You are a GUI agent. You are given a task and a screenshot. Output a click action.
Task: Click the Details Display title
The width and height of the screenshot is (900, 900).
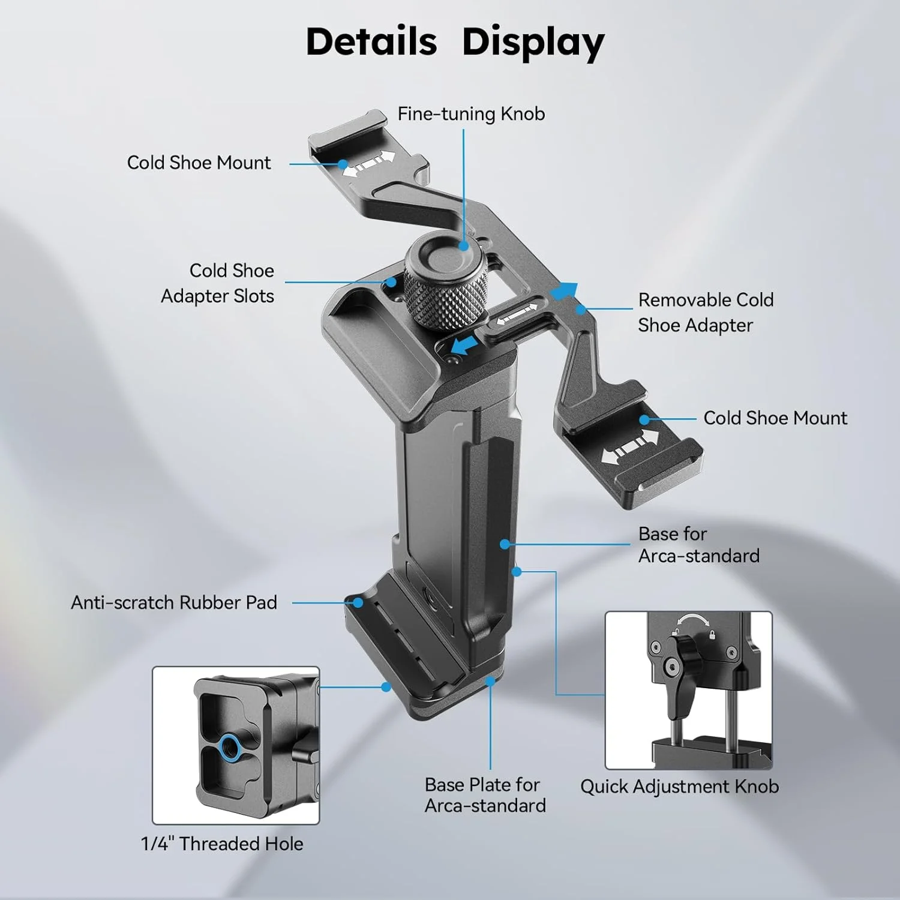[455, 42]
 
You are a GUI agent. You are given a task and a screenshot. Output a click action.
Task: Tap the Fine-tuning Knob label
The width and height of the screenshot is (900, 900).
[471, 113]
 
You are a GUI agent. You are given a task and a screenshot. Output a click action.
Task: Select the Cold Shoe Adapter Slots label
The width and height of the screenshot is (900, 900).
[217, 283]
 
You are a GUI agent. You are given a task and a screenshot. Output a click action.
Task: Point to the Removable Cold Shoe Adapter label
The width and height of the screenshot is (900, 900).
[706, 312]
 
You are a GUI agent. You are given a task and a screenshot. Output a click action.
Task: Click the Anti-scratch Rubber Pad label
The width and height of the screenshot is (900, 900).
[174, 602]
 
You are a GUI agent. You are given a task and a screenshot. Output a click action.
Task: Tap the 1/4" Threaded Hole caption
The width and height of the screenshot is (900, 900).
[222, 844]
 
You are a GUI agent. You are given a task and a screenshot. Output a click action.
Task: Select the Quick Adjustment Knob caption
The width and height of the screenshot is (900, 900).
[679, 786]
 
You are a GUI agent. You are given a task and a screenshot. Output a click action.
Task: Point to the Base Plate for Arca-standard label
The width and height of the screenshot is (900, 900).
[485, 795]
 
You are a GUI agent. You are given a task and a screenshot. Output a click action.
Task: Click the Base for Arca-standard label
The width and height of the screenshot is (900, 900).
[698, 545]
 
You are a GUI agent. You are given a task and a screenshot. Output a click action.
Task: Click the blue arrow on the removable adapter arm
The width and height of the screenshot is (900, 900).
[565, 290]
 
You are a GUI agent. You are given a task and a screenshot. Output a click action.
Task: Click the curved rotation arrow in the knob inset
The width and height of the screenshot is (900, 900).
[693, 622]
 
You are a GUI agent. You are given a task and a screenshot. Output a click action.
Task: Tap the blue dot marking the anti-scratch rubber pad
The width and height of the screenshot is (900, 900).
[358, 602]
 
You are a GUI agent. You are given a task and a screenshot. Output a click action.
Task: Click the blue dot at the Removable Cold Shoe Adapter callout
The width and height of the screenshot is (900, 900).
[580, 310]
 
